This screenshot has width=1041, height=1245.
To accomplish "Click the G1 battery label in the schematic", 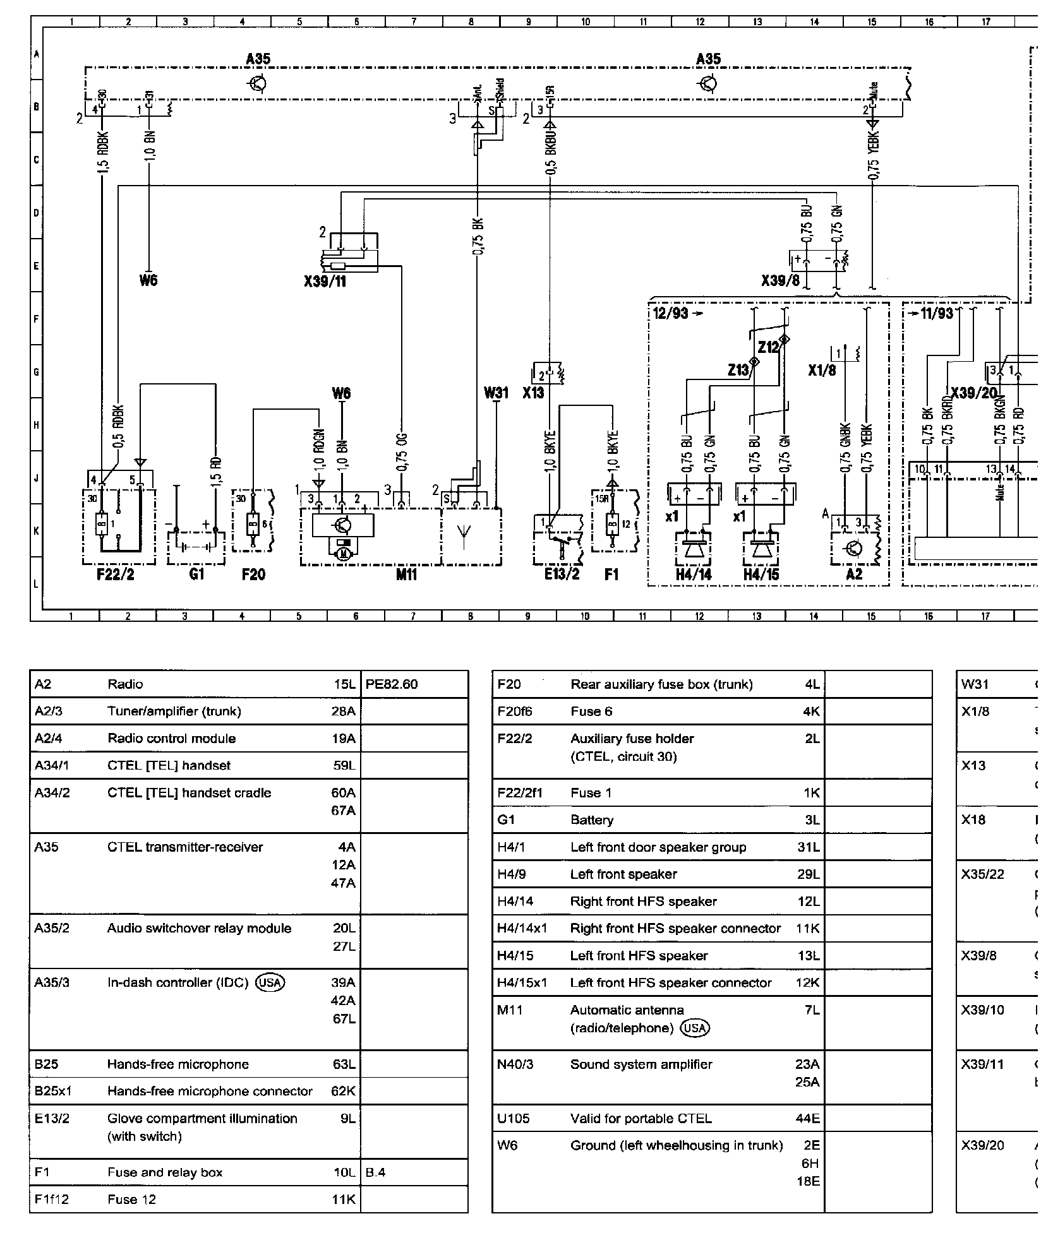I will point(196,574).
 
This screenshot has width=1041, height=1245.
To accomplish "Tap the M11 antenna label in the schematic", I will point(406,575).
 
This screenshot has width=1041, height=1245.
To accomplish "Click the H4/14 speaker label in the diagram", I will point(693,575).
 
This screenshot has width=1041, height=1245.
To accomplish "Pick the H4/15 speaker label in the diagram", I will point(761,575).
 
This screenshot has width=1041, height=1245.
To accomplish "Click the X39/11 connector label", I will point(325,281).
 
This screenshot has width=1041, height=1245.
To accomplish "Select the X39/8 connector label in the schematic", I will point(781,280).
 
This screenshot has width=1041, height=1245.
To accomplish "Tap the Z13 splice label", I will point(738,370).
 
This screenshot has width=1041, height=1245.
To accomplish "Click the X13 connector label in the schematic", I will point(533,393).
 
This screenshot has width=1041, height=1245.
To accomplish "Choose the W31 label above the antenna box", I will point(496,393).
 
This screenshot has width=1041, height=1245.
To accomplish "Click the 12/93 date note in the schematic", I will point(671,313).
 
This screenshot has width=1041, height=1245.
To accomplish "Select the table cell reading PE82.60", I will point(392,684).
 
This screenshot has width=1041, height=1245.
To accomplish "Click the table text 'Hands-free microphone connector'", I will point(210,1092).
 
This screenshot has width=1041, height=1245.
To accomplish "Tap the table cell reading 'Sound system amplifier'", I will point(641,1064).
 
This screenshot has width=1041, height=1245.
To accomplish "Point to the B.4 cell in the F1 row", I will point(375,1172).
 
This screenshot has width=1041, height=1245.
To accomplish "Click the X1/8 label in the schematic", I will point(822,371).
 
